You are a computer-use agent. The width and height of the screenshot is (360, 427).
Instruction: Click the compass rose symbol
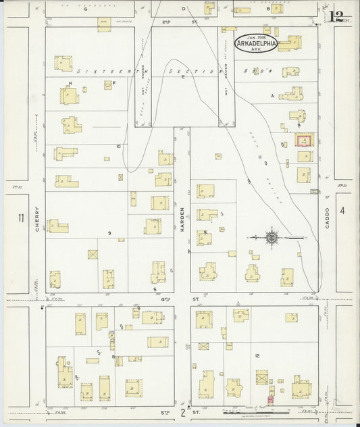(x=272, y=237)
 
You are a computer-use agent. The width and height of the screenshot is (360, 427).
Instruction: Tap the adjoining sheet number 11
(x=22, y=218)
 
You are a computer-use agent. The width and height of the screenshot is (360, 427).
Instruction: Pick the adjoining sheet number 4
(x=342, y=211)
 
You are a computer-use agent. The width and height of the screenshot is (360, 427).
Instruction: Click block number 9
(x=109, y=232)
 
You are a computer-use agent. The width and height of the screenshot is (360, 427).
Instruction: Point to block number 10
(x=118, y=146)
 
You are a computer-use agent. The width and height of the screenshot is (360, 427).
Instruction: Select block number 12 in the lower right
(x=257, y=355)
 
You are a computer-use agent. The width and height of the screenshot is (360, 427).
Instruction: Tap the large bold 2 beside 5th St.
(x=182, y=411)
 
